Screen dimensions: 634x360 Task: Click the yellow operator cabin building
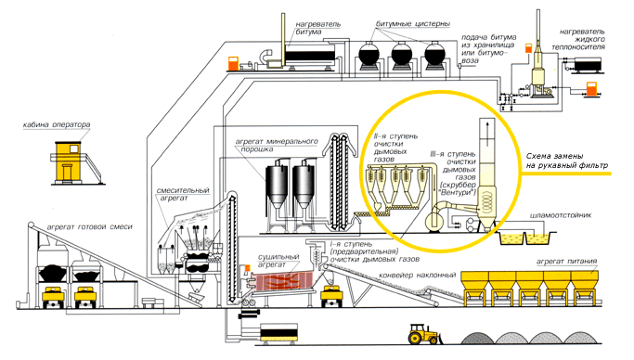[69, 161]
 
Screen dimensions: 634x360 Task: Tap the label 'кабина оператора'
[57, 125]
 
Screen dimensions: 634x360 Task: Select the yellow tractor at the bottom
[423, 335]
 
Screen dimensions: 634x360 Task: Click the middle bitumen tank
[402, 54]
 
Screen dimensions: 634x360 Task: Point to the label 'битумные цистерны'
[413, 24]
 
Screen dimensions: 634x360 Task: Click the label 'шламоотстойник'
[561, 215]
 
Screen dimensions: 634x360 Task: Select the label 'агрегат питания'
[566, 262]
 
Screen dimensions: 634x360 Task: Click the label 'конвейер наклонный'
[418, 276]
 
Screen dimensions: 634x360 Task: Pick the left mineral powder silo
[277, 186]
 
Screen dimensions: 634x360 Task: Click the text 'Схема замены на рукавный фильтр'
[566, 161]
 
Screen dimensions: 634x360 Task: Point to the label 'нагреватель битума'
[317, 28]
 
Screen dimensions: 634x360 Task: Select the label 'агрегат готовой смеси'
[90, 227]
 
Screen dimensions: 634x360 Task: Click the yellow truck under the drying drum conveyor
[331, 295]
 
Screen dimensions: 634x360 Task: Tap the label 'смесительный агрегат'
[183, 194]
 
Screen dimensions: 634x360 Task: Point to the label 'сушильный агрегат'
[278, 261]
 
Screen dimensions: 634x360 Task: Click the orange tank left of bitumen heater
[234, 64]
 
